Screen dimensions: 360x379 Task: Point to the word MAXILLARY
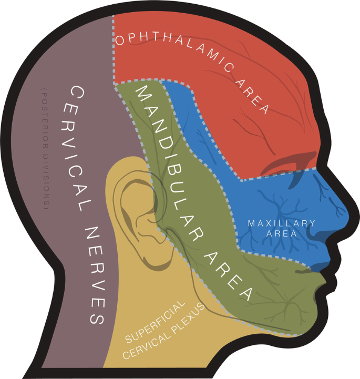(x=281, y=223)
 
